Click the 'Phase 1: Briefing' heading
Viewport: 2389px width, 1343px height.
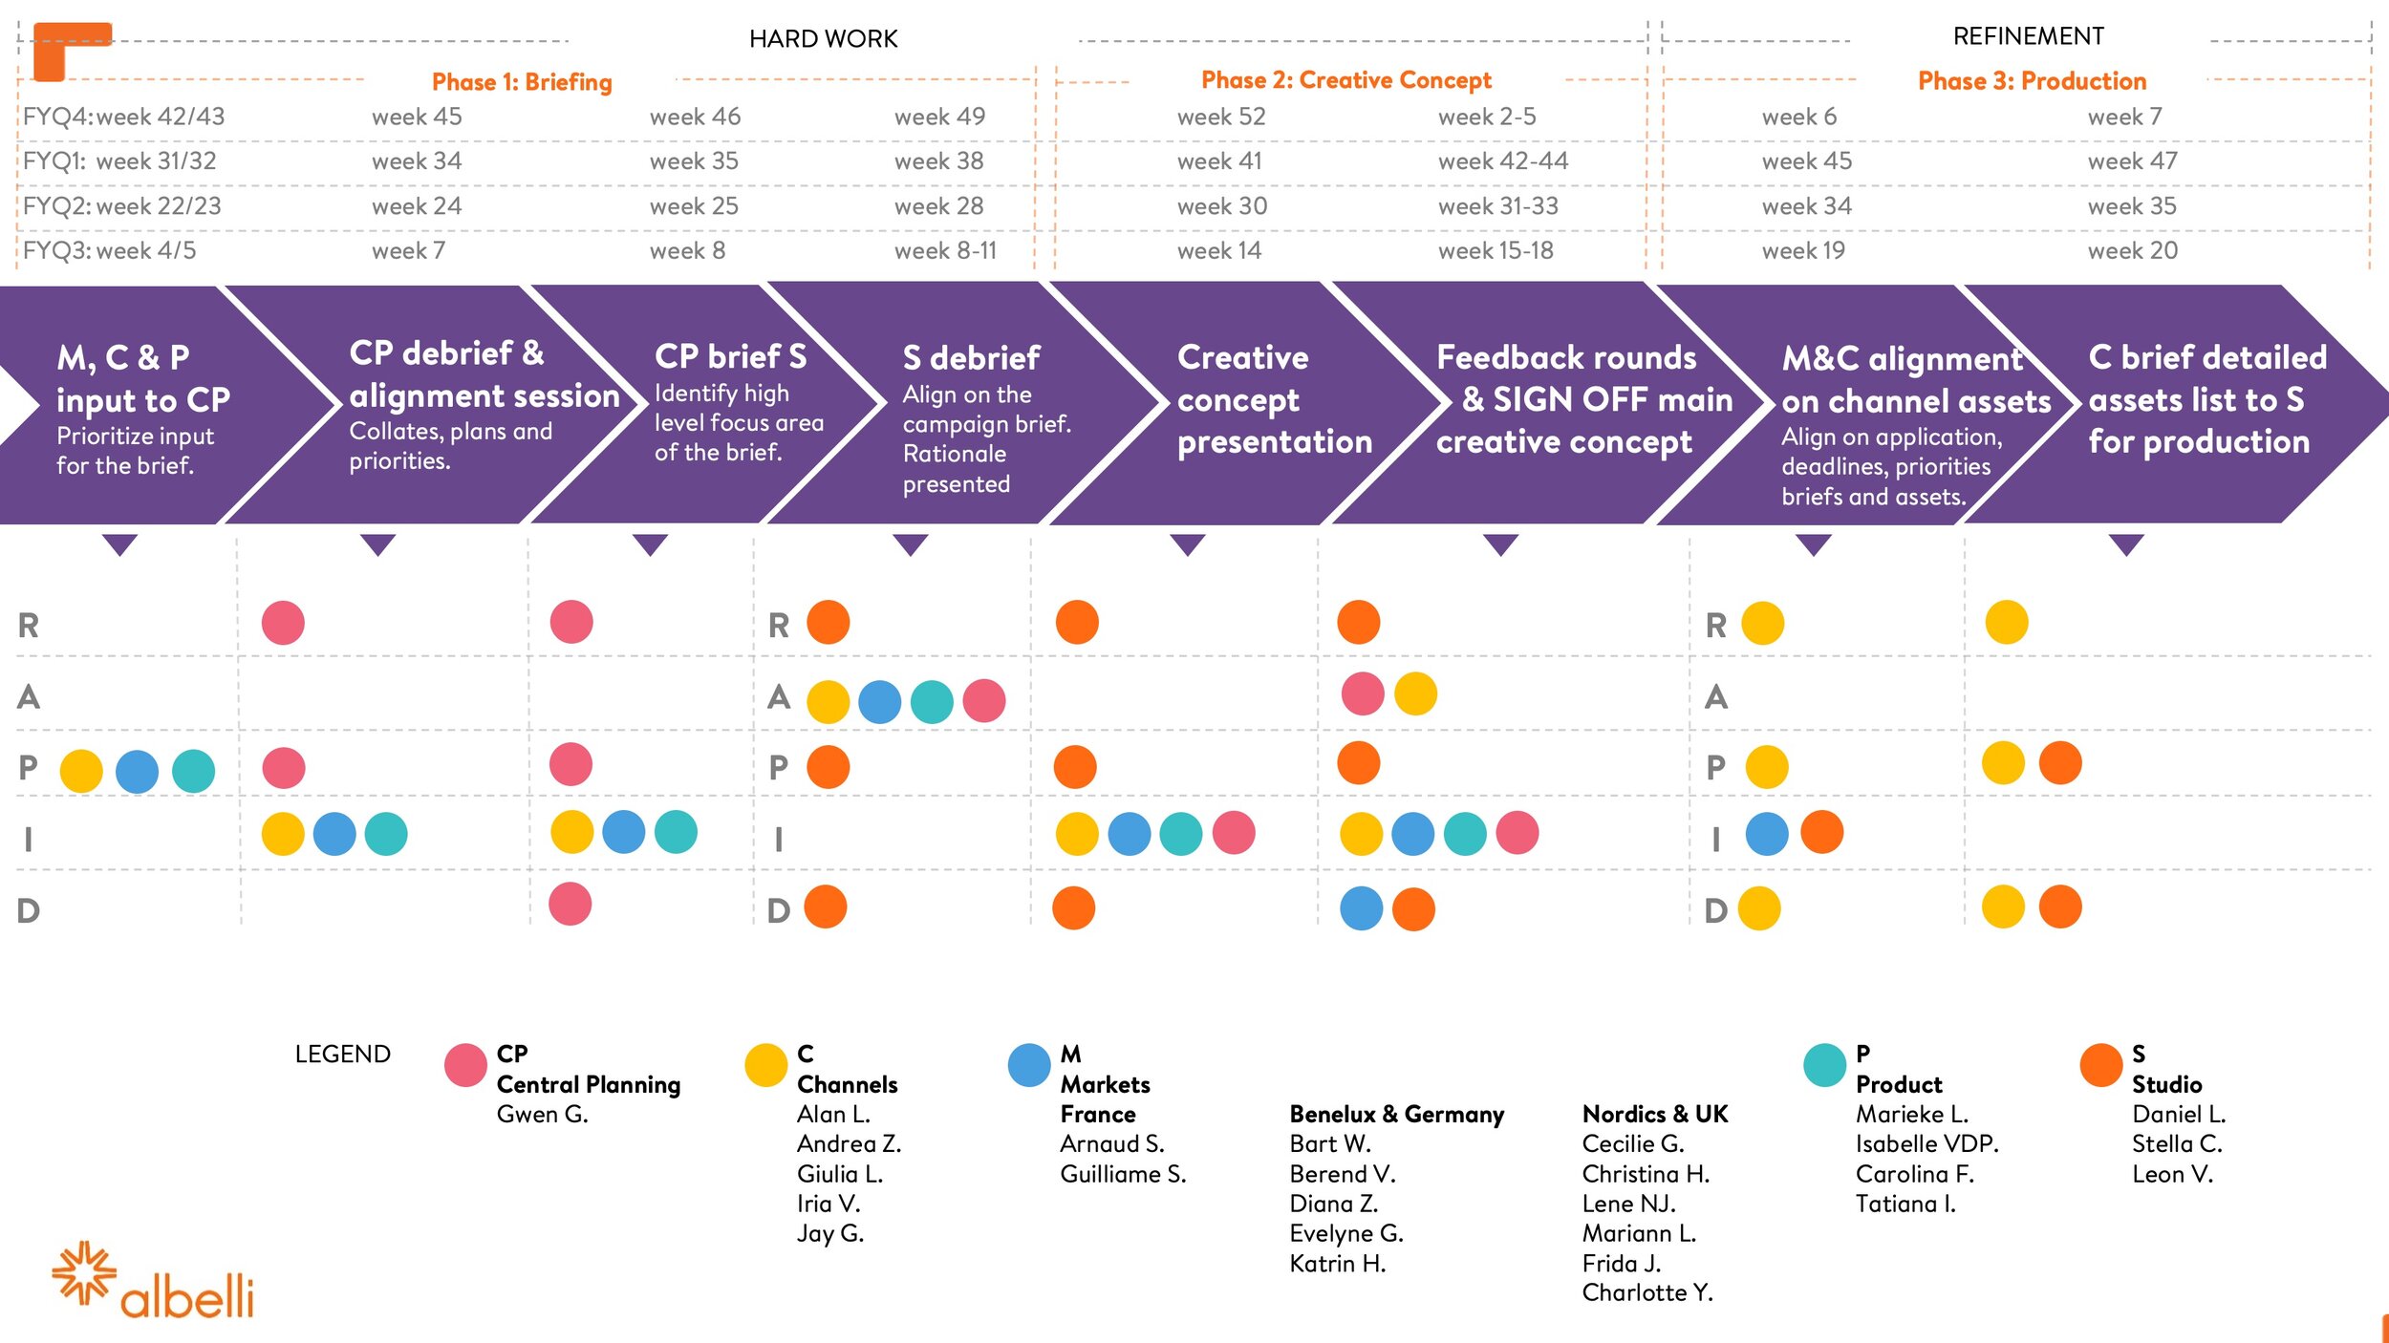tap(522, 82)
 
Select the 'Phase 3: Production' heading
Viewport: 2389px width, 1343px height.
tap(2032, 81)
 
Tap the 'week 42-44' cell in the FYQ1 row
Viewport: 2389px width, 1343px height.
tap(1503, 161)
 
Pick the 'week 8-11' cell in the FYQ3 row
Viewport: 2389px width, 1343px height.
tap(945, 251)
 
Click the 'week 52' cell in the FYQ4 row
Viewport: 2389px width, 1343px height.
tap(1221, 117)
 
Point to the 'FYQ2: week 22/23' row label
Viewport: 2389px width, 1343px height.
tap(122, 206)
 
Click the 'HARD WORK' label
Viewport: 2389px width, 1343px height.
tap(824, 39)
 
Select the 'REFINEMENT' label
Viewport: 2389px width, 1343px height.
tap(2028, 36)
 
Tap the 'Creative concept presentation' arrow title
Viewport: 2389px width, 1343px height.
tap(1275, 399)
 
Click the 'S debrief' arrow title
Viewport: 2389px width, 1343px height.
tap(971, 358)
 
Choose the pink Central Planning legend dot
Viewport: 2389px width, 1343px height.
tap(465, 1065)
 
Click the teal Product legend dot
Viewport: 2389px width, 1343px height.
tap(1824, 1065)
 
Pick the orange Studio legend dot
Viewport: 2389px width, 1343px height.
tap(2101, 1065)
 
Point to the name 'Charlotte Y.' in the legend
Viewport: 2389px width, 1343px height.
tap(1647, 1293)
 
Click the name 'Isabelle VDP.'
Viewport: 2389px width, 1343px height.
tap(1926, 1143)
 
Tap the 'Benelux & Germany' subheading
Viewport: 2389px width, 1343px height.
tap(1396, 1114)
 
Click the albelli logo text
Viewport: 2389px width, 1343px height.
tap(187, 1296)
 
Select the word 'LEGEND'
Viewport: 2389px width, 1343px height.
tap(342, 1055)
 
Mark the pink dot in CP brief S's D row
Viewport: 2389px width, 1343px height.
tap(570, 904)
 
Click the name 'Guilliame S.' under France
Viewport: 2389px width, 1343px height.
tap(1123, 1174)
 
